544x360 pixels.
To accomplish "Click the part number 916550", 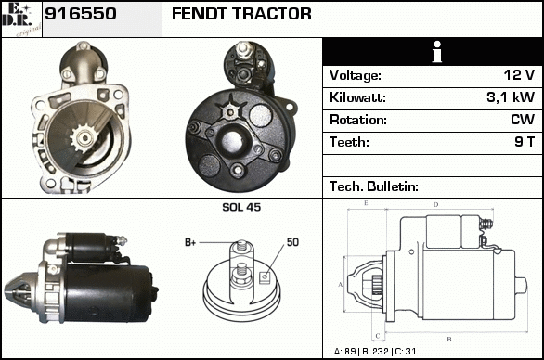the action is tap(81, 14).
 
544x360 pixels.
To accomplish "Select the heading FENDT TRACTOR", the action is tap(241, 14).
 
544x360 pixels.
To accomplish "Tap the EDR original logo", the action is tap(21, 19).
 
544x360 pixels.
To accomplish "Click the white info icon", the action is tap(437, 52).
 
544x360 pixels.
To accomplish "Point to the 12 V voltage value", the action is tap(519, 75).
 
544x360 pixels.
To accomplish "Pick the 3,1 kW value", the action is tap(511, 97).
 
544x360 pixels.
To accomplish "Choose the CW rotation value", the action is tap(523, 120).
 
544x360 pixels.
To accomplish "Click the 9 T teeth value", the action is tap(525, 142).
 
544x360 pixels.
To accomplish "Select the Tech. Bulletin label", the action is tap(374, 186).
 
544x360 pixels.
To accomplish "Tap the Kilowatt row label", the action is tap(357, 97).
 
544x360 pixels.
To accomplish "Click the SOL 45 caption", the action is tap(241, 207).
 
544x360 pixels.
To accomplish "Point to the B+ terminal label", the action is tap(190, 242).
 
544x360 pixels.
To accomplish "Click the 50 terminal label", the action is tap(292, 242).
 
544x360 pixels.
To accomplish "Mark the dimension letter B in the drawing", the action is tap(449, 339).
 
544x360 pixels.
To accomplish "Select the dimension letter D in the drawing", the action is tap(435, 205).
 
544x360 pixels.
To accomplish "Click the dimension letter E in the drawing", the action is tap(366, 203).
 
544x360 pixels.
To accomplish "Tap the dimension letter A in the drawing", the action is tap(340, 285).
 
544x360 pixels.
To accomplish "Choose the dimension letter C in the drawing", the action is tap(378, 336).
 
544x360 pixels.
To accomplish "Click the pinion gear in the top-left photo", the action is tap(83, 138).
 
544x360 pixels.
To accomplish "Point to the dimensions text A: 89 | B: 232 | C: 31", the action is tap(375, 352).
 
